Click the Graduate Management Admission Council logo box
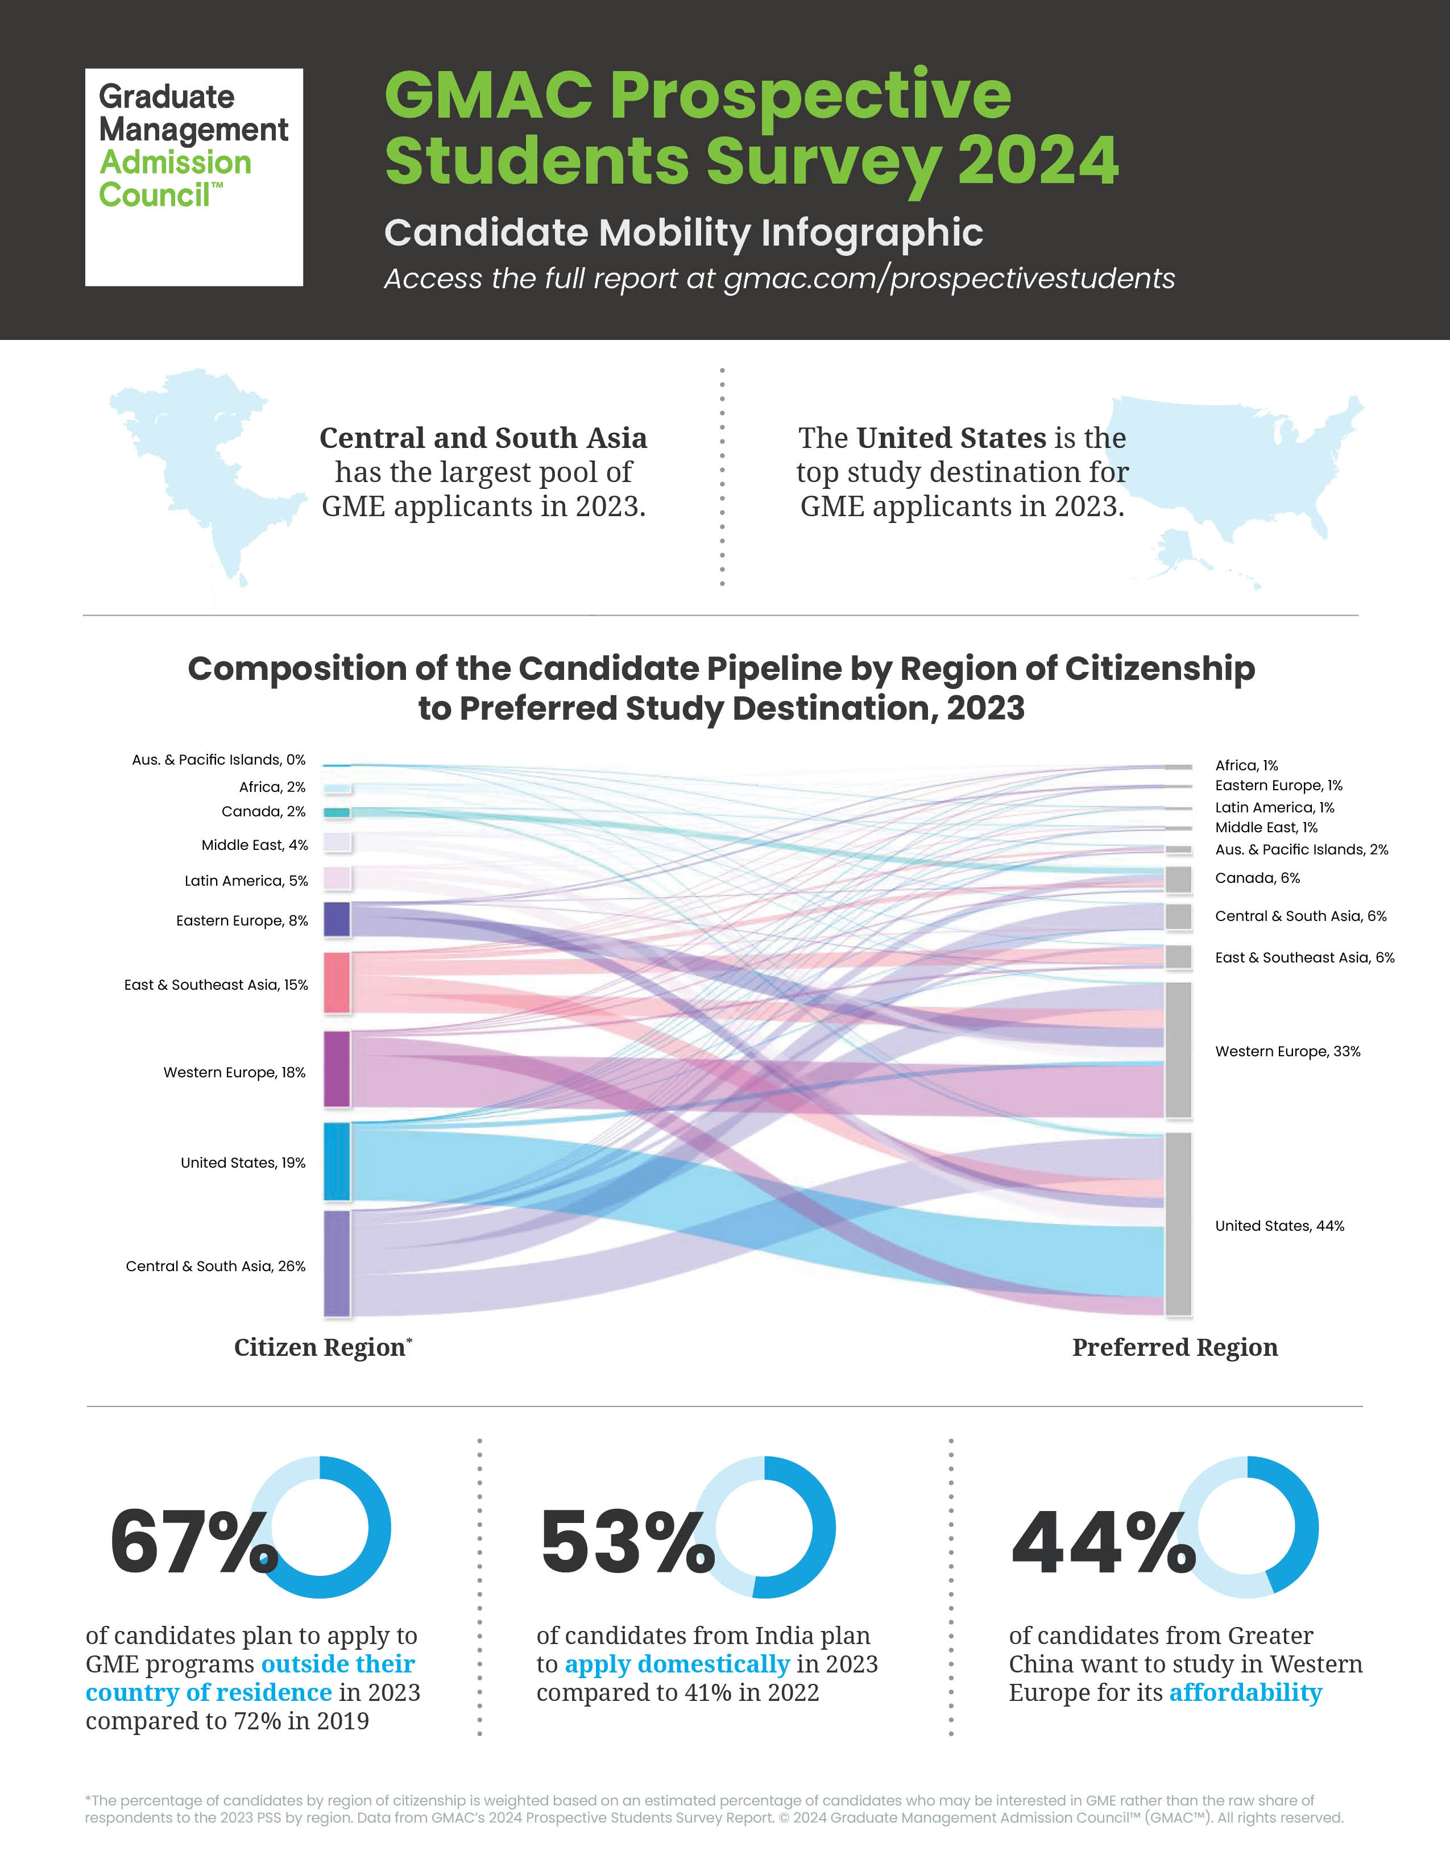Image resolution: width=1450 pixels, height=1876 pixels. tap(193, 177)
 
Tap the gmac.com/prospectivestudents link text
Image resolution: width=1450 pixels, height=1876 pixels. tap(948, 279)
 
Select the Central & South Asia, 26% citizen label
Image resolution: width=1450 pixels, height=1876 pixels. tap(216, 1266)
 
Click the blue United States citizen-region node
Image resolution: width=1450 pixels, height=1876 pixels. tap(337, 1161)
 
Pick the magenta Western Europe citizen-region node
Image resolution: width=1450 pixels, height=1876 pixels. tap(337, 1069)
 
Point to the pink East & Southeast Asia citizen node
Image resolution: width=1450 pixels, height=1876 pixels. tap(337, 983)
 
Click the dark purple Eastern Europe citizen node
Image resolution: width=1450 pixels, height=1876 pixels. tap(337, 919)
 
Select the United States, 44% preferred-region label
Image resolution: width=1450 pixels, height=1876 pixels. tap(1279, 1226)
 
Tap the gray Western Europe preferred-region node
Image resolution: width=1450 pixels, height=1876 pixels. tap(1178, 1049)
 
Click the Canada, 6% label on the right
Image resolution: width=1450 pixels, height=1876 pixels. tap(1257, 878)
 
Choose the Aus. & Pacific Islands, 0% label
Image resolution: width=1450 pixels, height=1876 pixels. tap(218, 759)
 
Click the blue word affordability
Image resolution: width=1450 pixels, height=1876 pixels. tap(1245, 1692)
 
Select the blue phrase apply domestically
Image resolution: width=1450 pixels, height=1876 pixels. tap(676, 1664)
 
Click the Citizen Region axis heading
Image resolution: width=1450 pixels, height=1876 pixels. tap(320, 1347)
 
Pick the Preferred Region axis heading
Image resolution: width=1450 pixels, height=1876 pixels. tap(1174, 1347)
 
